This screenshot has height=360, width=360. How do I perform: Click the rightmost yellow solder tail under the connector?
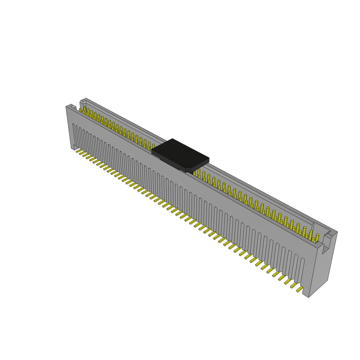(300, 289)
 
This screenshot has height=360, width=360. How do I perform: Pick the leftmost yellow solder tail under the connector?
(79, 151)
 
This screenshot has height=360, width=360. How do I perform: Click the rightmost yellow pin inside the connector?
(317, 238)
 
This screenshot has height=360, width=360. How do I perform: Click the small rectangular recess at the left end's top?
(73, 107)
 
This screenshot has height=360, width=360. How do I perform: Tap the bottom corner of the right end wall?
(309, 297)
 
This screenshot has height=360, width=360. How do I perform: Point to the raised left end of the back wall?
(83, 102)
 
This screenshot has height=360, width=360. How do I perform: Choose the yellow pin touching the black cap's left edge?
(153, 146)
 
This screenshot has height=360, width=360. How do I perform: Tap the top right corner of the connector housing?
(336, 232)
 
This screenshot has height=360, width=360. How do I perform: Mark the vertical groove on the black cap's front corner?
(187, 170)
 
